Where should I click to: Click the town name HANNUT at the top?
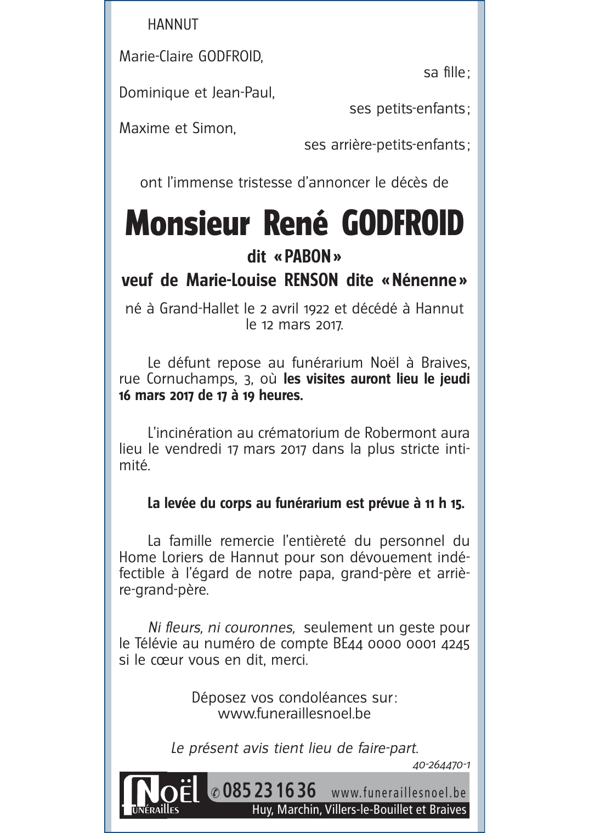(173, 25)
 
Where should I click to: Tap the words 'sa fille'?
(445, 72)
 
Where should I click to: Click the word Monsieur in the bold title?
(187, 224)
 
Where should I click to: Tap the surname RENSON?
(310, 281)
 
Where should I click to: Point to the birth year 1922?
(316, 309)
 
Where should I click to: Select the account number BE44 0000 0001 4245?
(401, 644)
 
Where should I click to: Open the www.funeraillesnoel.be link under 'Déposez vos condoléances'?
(294, 714)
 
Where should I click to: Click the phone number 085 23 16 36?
(269, 791)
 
